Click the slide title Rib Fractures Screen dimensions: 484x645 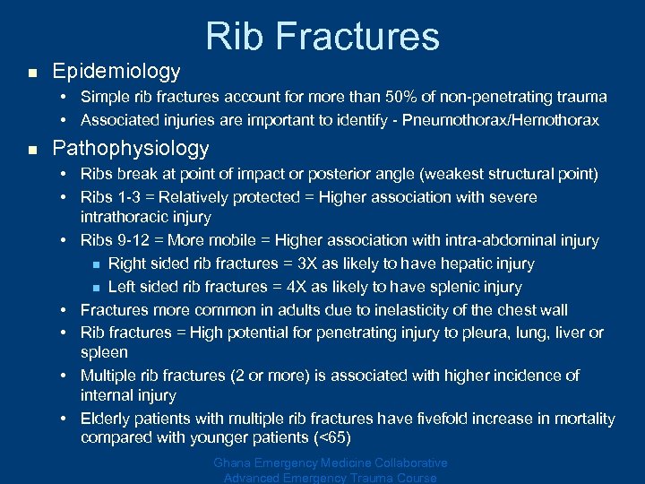(x=322, y=36)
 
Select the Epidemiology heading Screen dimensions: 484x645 (x=116, y=71)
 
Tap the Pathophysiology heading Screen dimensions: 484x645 (x=131, y=149)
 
